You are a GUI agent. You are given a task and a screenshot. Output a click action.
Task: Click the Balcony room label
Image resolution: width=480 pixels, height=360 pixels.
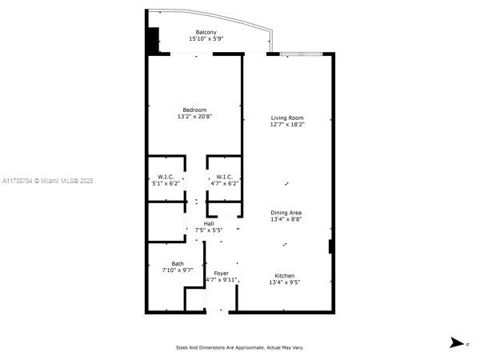pos(206,32)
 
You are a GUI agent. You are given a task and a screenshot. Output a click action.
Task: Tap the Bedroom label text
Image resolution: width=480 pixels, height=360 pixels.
pos(194,110)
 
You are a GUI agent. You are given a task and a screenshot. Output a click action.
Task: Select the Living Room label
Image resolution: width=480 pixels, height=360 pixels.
pos(286,118)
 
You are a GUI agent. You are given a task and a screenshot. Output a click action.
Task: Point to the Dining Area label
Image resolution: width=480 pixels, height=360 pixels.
pos(286,212)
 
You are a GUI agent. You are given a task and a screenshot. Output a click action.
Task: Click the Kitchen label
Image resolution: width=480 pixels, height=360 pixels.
pos(286,274)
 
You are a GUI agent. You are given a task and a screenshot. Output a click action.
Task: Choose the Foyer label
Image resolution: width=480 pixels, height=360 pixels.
pos(221,274)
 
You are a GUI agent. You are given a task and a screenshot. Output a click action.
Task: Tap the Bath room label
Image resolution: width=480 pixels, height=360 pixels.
pos(178,263)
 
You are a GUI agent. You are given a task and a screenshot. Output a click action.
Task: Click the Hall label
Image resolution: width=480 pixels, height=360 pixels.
pos(209,223)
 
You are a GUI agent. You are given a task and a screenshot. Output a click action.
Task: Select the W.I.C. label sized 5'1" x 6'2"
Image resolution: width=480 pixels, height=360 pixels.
pos(166,177)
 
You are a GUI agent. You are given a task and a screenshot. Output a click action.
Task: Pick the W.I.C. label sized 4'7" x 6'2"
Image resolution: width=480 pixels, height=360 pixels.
pos(224,177)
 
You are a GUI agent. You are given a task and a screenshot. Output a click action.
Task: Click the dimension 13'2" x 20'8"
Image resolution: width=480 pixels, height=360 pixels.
pos(194,117)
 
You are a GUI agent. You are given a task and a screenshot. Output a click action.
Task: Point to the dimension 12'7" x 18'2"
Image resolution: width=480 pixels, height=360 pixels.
pos(286,125)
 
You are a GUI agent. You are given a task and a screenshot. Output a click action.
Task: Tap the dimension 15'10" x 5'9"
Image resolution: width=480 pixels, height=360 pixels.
pos(206,39)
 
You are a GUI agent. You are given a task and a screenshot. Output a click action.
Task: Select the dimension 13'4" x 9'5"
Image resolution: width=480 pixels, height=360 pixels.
pos(286,282)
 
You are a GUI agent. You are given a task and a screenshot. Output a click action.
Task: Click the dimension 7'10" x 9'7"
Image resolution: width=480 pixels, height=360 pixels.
pos(178,270)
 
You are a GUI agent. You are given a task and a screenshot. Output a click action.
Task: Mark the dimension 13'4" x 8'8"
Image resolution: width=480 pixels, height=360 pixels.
pos(286,219)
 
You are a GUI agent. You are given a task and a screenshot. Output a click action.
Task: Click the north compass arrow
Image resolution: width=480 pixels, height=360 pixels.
pos(457,342)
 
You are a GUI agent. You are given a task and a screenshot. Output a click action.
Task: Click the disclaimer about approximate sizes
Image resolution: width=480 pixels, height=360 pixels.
pos(240,347)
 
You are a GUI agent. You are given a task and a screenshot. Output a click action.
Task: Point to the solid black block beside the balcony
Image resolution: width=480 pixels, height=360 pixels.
pos(152,40)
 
